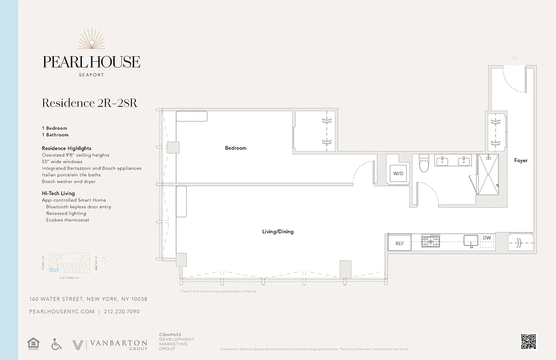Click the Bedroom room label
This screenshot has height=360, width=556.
[236, 148]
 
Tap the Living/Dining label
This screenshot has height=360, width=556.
[278, 232]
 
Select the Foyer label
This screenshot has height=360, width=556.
[521, 161]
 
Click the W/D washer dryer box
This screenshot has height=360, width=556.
[399, 173]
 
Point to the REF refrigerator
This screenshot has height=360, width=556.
[399, 243]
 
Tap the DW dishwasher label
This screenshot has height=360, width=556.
[487, 238]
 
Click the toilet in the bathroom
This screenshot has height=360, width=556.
[423, 165]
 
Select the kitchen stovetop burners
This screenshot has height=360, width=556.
[430, 241]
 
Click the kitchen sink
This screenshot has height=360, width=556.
[471, 240]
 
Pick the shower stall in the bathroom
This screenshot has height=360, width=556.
[488, 175]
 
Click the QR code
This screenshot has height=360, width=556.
[529, 342]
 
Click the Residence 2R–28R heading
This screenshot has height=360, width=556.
[90, 103]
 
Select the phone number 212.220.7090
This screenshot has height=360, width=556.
[122, 311]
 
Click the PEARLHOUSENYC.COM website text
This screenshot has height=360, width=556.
[62, 311]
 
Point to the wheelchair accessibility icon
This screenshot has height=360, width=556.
[56, 344]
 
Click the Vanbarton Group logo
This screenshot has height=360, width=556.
[110, 345]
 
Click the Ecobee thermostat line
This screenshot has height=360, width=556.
[67, 220]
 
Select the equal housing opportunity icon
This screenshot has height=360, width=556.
[33, 344]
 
